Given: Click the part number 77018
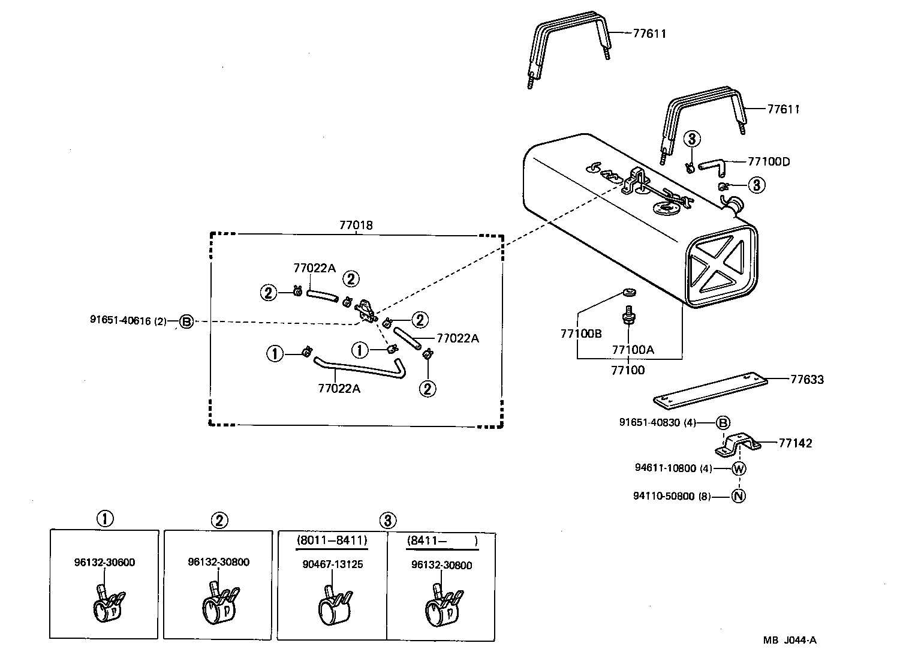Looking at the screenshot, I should pyautogui.click(x=356, y=226).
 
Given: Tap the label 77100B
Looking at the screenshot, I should pyautogui.click(x=581, y=334).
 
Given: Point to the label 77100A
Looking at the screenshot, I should pyautogui.click(x=633, y=350).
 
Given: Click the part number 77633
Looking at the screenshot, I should pyautogui.click(x=806, y=379).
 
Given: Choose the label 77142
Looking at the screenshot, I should pyautogui.click(x=795, y=443).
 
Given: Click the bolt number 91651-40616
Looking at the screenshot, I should pyautogui.click(x=121, y=321).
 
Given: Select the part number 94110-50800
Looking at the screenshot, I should pyautogui.click(x=664, y=496).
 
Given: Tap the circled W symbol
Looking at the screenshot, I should pyautogui.click(x=739, y=468).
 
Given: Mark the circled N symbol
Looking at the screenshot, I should pyautogui.click(x=739, y=496).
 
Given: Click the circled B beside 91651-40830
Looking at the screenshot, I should pyautogui.click(x=724, y=423).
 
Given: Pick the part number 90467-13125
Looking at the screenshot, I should pyautogui.click(x=333, y=564).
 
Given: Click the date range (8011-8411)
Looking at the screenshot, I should pyautogui.click(x=332, y=540).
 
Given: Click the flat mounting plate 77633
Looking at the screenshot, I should pyautogui.click(x=709, y=390).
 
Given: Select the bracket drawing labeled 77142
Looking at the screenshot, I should pyautogui.click(x=738, y=444).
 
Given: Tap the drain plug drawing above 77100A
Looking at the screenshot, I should pyautogui.click(x=628, y=316).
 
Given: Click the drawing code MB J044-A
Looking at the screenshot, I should pyautogui.click(x=790, y=640).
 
